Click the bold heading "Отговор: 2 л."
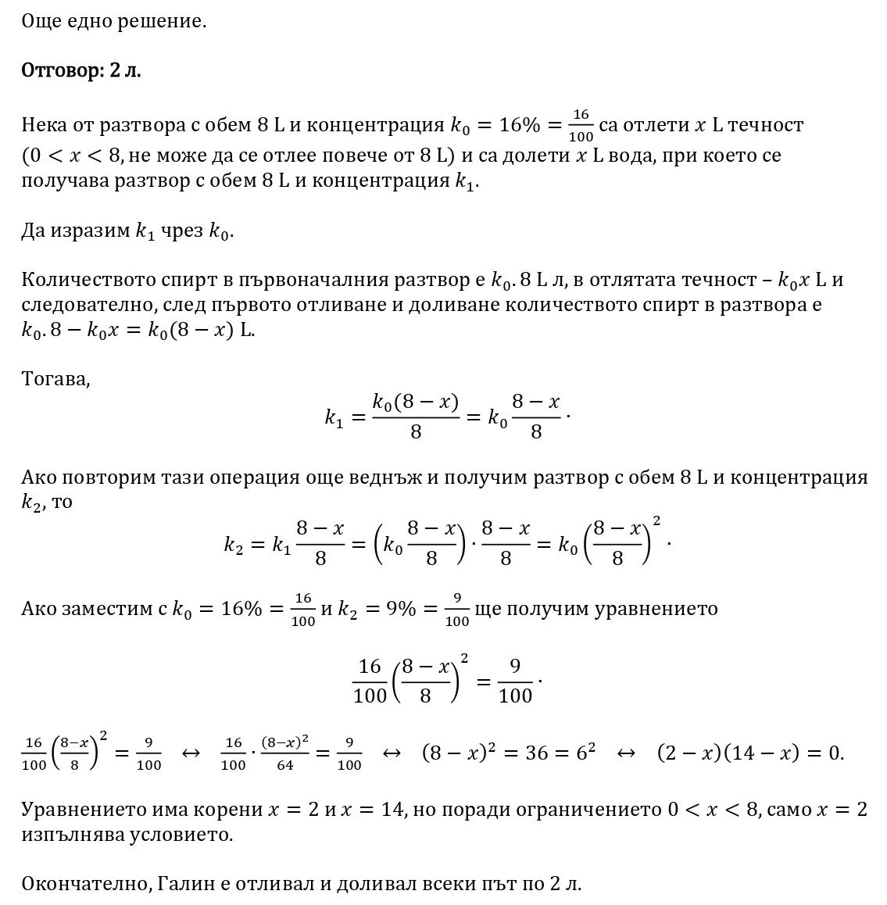(81, 70)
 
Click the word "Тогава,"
(55, 381)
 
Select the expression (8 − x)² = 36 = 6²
(509, 753)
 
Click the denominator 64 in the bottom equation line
(284, 765)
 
